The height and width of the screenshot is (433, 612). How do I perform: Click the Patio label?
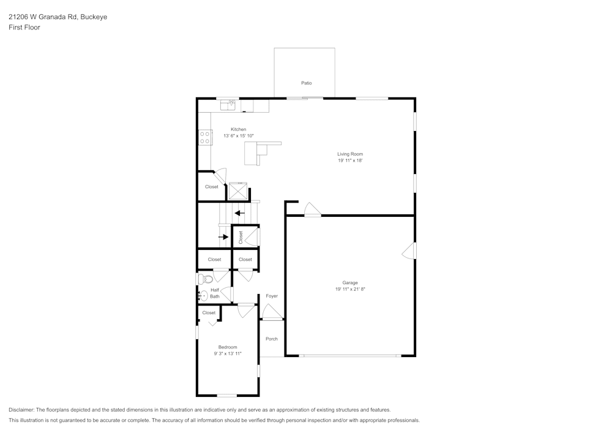point(306,83)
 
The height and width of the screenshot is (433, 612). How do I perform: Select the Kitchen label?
point(238,129)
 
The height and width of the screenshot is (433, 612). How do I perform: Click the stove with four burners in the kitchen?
point(205,138)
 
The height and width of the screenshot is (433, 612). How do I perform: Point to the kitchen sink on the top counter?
point(228,105)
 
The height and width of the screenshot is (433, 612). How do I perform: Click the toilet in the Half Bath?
point(203,279)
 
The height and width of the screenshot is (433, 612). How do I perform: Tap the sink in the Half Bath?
point(203,295)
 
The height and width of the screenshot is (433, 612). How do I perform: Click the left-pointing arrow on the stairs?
point(239,213)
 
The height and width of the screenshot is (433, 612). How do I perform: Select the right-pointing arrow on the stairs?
point(223,236)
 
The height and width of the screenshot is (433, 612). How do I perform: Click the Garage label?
point(350,282)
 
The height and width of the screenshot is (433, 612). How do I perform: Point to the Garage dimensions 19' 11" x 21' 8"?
point(350,289)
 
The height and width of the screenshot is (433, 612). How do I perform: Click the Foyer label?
point(272,296)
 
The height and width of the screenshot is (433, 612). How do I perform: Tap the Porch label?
point(272,339)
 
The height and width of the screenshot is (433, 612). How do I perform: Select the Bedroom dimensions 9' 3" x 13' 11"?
point(228,353)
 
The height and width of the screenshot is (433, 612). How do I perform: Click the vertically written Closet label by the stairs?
point(241,237)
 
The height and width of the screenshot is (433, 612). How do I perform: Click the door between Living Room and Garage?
point(312,210)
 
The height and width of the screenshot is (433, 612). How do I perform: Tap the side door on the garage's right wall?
point(409,250)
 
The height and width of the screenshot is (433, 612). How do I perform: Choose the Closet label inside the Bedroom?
point(209,312)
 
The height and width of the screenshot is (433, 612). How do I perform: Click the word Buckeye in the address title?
point(94,17)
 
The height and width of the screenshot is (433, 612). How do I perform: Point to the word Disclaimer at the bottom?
point(21,410)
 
